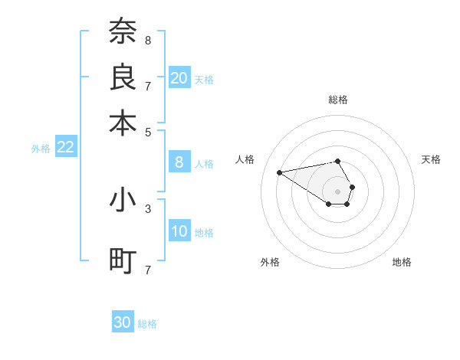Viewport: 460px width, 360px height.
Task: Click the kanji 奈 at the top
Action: [x=123, y=31]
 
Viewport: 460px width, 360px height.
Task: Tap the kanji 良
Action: [x=123, y=77]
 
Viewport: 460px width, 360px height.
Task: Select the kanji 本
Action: [x=123, y=122]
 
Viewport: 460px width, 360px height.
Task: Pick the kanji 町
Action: [x=123, y=260]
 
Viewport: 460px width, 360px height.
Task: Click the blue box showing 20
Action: [x=179, y=78]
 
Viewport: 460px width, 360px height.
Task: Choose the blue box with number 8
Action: [x=179, y=162]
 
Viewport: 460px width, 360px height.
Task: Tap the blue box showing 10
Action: [x=179, y=231]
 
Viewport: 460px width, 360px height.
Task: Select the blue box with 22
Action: [x=65, y=148]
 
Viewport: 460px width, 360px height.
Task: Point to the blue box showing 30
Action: [x=123, y=322]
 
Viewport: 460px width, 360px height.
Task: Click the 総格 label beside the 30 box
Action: [x=147, y=324]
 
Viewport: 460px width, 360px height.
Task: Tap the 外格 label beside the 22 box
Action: [x=41, y=149]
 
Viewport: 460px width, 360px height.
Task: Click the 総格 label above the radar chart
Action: [x=338, y=100]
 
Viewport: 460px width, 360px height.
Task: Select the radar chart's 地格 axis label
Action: [x=402, y=262]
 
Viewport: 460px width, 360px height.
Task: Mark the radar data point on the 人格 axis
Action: [x=279, y=172]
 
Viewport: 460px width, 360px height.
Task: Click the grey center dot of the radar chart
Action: [x=337, y=191]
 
